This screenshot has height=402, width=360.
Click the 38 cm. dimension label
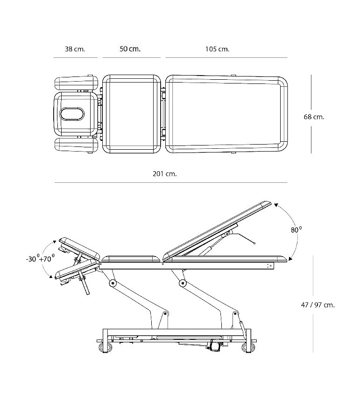click(x=75, y=49)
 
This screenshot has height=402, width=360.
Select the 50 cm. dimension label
click(x=130, y=49)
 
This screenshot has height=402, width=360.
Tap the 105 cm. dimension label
click(x=217, y=49)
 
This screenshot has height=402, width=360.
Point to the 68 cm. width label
click(x=314, y=117)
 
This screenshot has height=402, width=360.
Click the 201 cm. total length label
click(x=165, y=174)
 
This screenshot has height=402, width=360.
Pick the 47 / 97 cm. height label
click(x=318, y=305)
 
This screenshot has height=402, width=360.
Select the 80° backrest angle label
click(x=296, y=229)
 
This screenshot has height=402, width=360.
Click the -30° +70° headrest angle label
click(x=40, y=258)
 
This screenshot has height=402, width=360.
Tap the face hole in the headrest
click(x=72, y=114)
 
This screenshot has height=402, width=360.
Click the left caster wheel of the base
click(x=106, y=347)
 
